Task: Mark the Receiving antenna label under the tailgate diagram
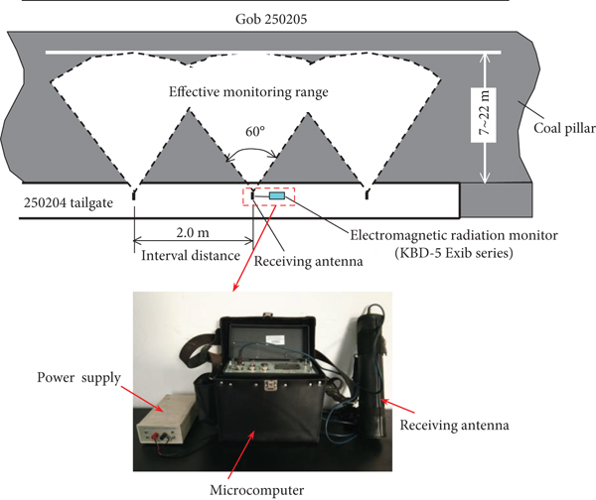295,260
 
